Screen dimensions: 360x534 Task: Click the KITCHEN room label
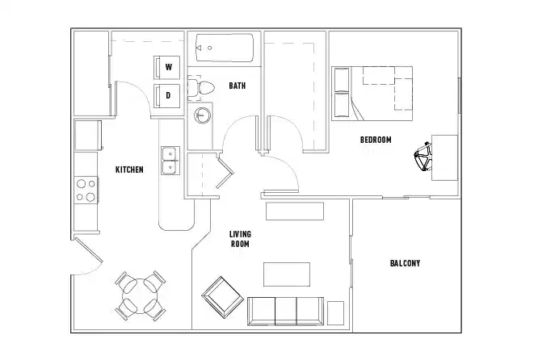tap(129, 170)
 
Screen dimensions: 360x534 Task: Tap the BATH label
tap(238, 86)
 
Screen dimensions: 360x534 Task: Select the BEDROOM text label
tap(375, 140)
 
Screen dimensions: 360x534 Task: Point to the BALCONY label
tap(405, 263)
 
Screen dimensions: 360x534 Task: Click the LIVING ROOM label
tap(240, 238)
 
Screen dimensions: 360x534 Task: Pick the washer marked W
tap(168, 67)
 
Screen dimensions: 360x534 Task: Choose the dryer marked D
tap(168, 95)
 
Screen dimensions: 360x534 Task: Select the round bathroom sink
tap(201, 115)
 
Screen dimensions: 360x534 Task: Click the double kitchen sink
tap(170, 161)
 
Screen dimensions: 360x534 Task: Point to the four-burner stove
tap(86, 190)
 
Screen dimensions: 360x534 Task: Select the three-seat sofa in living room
tap(285, 311)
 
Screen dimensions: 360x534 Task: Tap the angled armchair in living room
tap(221, 296)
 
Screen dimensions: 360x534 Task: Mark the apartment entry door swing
tap(87, 257)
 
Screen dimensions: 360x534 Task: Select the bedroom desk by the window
tap(444, 157)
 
